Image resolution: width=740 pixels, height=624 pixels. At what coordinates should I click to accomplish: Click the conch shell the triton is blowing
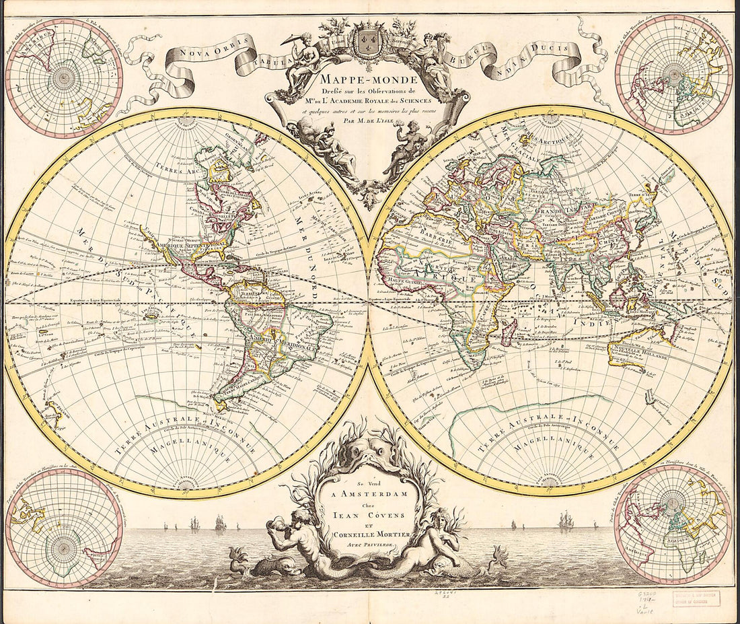(x=276, y=525)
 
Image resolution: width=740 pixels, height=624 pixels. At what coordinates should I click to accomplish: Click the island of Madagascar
(x=509, y=332)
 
